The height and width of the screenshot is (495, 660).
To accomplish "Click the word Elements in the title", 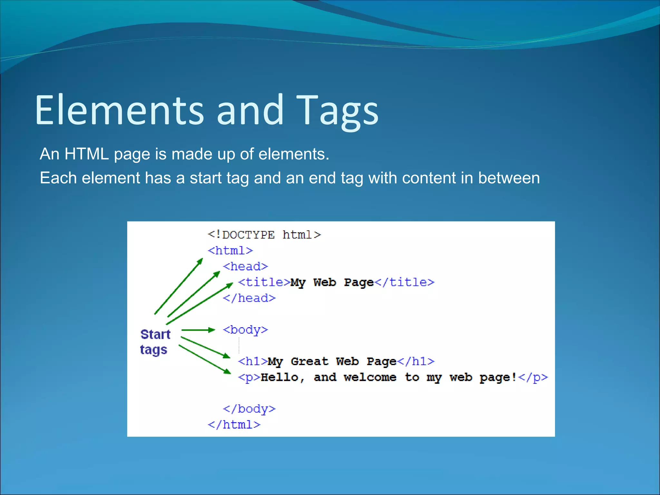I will click(x=119, y=110).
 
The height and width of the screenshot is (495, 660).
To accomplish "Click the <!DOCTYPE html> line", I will click(x=264, y=235).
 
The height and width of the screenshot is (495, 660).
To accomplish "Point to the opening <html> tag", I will click(x=230, y=251).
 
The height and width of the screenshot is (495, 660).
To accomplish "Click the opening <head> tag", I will click(x=246, y=267).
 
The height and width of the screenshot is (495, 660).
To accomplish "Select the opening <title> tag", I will click(x=264, y=282).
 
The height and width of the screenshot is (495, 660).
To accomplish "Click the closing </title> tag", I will click(x=405, y=282).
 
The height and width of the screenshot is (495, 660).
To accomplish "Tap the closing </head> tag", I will click(x=249, y=298).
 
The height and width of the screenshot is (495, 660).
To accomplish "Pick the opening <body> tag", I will click(x=246, y=330).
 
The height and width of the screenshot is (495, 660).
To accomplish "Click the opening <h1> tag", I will click(x=253, y=361).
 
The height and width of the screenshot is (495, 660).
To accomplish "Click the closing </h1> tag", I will click(x=416, y=361).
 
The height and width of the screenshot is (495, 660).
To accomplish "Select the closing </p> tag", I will click(x=533, y=377).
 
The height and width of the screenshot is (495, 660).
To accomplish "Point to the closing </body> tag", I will click(x=249, y=409).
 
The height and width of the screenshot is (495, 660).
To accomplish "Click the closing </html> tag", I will click(x=234, y=425).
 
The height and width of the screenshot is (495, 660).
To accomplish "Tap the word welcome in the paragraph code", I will click(x=370, y=377).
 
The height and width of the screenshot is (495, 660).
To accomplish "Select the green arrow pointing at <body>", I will click(x=198, y=330).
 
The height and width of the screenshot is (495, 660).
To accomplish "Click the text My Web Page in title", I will click(x=332, y=282).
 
